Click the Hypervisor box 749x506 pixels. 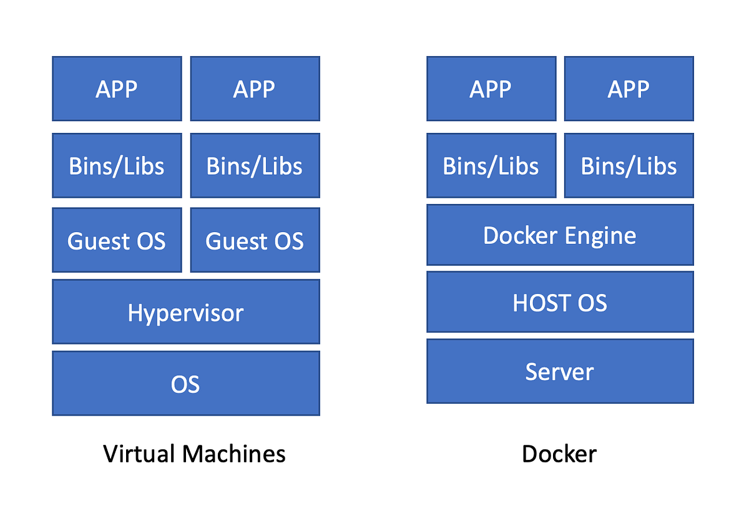click(x=186, y=312)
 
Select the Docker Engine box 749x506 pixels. click(x=560, y=235)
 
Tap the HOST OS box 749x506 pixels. click(x=560, y=302)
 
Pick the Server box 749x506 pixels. click(x=560, y=371)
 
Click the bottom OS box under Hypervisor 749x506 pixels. click(x=186, y=383)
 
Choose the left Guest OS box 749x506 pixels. click(x=117, y=240)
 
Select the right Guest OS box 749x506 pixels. click(x=255, y=240)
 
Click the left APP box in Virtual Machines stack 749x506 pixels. click(x=117, y=89)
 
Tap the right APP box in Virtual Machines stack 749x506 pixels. click(x=255, y=89)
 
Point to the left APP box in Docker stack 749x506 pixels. click(x=491, y=89)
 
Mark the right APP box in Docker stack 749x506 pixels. click(x=629, y=89)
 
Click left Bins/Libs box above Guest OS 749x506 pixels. click(x=117, y=165)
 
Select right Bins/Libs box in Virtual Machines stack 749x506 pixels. click(x=255, y=165)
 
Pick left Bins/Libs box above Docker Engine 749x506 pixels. click(x=491, y=165)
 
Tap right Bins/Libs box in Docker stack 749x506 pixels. click(x=629, y=165)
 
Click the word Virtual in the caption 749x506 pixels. click(x=139, y=454)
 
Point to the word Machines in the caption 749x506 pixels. click(x=233, y=454)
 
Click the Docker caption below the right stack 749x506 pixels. click(x=559, y=454)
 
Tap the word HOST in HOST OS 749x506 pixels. click(x=541, y=303)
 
